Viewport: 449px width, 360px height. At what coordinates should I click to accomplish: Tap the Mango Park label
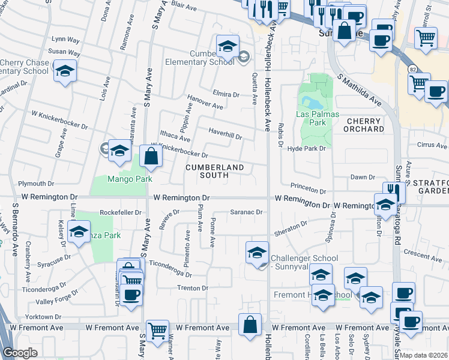click(130, 179)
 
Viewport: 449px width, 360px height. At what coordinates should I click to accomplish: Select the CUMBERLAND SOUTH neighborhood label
click(215, 171)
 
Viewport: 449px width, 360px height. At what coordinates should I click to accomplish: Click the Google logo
click(20, 353)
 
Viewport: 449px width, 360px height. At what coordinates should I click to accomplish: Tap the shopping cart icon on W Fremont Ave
click(157, 330)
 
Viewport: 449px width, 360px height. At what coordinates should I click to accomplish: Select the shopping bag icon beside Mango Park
click(151, 157)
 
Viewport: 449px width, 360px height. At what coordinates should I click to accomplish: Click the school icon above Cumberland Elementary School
click(228, 46)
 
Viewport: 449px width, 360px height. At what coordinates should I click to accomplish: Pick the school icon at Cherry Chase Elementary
click(65, 71)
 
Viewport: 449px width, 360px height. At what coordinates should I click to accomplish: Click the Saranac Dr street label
click(247, 212)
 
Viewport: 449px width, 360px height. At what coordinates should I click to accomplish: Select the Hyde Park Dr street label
click(306, 148)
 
